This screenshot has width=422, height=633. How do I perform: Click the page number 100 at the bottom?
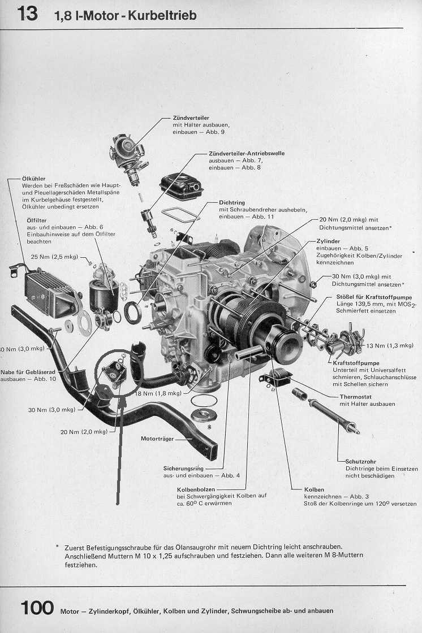coord(37,608)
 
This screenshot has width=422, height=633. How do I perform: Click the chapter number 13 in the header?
coord(27,14)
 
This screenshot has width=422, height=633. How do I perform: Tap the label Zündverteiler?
coord(191,118)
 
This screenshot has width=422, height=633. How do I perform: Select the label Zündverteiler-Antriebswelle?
coord(246,153)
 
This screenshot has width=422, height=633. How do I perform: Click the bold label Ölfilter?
coord(37,220)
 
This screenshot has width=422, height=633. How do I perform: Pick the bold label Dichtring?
coord(232,202)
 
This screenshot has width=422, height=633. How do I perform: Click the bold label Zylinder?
coord(329,241)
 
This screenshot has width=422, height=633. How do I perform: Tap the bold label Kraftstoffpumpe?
coord(356,362)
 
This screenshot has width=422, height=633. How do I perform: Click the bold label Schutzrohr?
coord(361,461)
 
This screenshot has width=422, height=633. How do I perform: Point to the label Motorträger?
coord(157,438)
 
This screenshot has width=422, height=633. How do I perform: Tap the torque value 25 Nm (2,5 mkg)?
coord(55,257)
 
